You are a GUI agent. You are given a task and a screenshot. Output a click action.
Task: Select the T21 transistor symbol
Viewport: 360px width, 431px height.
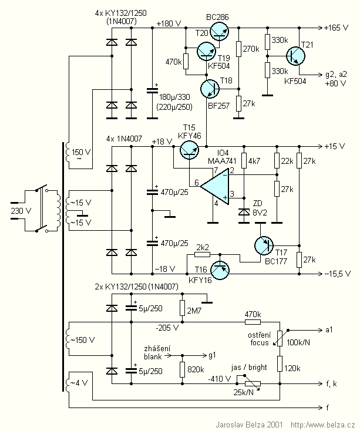pyautogui.click(x=297, y=56)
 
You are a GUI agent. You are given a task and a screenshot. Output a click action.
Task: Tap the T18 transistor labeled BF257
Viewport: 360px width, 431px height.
pyautogui.click(x=210, y=89)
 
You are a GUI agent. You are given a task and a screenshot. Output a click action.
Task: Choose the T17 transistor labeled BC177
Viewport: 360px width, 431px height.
pyautogui.click(x=264, y=245)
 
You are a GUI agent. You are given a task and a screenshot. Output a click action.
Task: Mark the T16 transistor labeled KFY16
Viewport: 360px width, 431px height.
pyautogui.click(x=220, y=269)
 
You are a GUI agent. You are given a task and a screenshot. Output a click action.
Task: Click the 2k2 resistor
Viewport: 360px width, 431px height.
pyautogui.click(x=202, y=255)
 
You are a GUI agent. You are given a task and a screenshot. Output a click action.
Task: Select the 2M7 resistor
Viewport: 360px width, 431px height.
pyautogui.click(x=183, y=308)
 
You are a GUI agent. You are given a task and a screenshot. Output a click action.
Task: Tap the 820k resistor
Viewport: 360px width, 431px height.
pyautogui.click(x=183, y=369)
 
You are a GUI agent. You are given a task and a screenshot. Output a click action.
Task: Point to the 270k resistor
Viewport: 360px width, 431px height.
pyautogui.click(x=238, y=49)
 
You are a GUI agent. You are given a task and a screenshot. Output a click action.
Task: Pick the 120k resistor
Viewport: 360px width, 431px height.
pyautogui.click(x=280, y=363)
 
